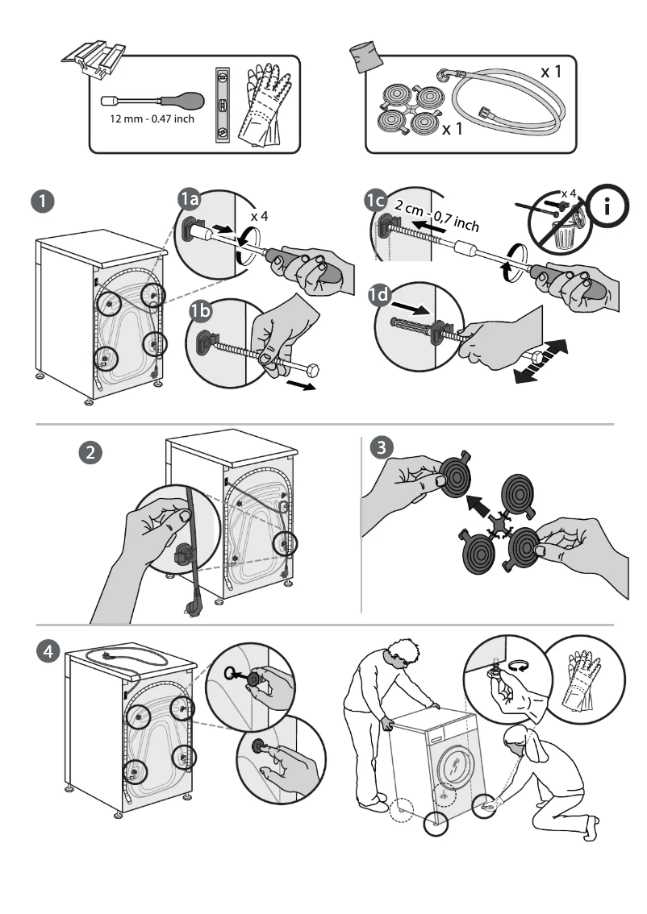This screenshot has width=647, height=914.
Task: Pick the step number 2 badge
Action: [x=93, y=451]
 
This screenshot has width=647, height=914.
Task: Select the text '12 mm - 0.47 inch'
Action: [x=152, y=119]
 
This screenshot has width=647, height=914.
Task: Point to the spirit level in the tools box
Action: [x=221, y=103]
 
